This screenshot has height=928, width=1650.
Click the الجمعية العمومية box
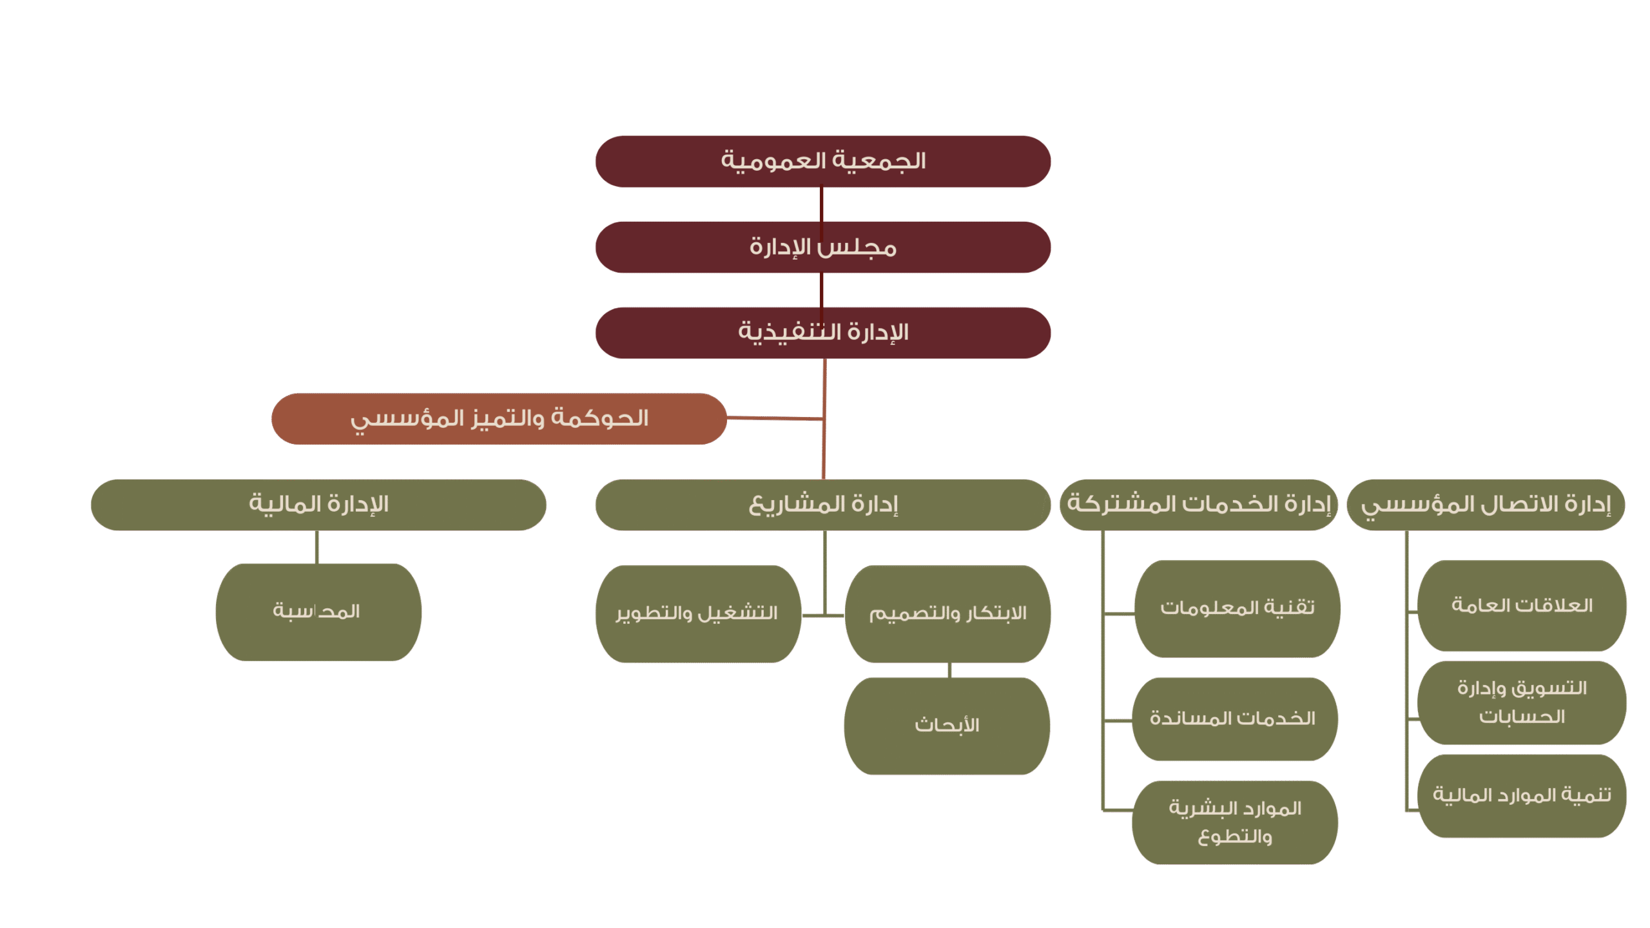pos(822,161)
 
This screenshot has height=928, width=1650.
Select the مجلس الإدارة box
pos(822,247)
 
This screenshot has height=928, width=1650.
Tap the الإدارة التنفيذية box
pos(822,333)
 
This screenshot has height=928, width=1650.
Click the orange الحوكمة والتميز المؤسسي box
pos(499,419)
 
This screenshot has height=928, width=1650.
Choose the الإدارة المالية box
pos(318,505)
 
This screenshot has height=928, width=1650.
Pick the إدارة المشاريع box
pos(822,505)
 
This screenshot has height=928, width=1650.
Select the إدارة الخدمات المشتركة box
pos(1198,505)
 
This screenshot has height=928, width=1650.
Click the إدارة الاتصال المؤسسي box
pos(1486,505)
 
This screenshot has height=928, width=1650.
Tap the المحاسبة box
pos(318,612)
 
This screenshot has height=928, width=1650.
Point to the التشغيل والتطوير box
pos(697,614)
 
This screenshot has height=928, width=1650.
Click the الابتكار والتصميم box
pos(947,614)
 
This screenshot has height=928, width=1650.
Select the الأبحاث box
pos(947,726)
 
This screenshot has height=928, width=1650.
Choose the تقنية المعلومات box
pos(1237,608)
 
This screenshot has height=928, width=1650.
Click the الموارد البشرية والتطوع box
pos(1234,822)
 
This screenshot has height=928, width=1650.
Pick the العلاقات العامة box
pos(1522,606)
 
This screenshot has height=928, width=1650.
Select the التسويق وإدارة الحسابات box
pos(1522,702)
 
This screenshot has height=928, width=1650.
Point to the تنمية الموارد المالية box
pos(1522,796)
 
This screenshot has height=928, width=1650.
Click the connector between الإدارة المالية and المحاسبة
pos(317,547)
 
